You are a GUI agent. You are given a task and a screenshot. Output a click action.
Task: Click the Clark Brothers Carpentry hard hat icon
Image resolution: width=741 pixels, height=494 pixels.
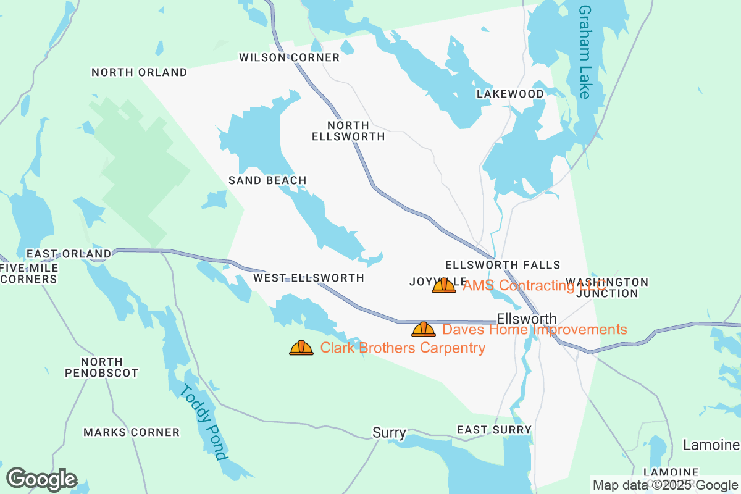coord(301,348)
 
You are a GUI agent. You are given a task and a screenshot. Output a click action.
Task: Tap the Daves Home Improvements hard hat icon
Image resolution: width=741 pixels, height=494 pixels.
coord(424,329)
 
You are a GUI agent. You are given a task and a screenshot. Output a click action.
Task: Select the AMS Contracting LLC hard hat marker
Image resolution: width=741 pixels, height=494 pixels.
coord(444,285)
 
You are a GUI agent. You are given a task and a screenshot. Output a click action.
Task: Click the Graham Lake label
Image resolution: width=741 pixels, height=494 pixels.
coord(585,52)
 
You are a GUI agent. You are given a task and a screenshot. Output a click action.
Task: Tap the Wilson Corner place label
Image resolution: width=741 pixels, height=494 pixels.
coord(289,57)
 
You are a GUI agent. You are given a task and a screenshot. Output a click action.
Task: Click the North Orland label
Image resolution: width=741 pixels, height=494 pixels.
coord(139,72)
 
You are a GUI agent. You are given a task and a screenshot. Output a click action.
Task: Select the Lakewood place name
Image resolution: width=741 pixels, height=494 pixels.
coord(510,94)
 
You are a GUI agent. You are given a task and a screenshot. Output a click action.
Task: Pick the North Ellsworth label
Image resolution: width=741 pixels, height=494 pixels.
coord(348,131)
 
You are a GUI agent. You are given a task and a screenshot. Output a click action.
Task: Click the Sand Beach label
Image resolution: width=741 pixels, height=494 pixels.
coord(267,180)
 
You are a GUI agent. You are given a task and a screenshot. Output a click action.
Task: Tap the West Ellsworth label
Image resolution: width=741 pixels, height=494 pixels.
coord(309,278)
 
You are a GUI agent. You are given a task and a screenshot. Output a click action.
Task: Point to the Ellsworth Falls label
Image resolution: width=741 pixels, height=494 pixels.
coord(502,265)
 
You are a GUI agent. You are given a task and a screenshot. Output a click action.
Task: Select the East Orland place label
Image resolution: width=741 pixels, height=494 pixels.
coord(69,254)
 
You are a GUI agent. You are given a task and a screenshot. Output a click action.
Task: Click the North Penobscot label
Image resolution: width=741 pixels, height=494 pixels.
coord(102,367)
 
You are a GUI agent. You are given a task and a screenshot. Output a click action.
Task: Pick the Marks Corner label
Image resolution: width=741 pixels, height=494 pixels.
coord(132,432)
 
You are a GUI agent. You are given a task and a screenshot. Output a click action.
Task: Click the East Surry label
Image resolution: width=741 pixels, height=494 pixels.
coord(494,429)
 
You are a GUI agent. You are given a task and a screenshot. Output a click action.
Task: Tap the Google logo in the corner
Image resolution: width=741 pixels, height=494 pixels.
coord(41,479)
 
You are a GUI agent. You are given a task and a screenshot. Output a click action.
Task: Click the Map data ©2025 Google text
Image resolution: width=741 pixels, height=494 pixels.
coord(665,485)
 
